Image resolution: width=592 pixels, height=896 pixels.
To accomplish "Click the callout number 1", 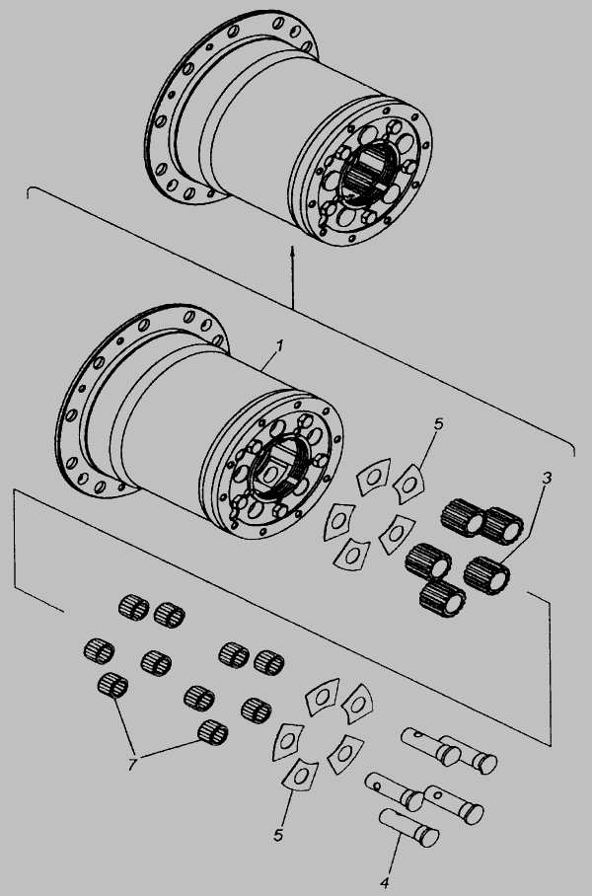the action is pyautogui.click(x=279, y=345).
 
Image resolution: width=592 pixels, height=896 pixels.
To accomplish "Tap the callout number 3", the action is pyautogui.click(x=547, y=479).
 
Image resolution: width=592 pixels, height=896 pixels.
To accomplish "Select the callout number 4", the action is pyautogui.click(x=385, y=883).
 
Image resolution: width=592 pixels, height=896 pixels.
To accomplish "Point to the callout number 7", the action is pyautogui.click(x=132, y=764).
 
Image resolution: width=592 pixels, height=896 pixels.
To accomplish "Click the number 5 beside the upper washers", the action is pyautogui.click(x=438, y=424).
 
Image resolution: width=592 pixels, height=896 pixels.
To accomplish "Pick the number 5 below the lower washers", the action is pyautogui.click(x=278, y=836).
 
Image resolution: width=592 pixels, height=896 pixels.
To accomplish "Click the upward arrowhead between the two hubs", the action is pyautogui.click(x=292, y=251).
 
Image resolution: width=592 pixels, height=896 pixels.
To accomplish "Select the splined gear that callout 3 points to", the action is pyautogui.click(x=486, y=575).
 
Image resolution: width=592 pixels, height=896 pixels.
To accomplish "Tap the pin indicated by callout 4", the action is pyautogui.click(x=409, y=828).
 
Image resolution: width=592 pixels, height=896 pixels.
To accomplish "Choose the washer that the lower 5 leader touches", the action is pyautogui.click(x=301, y=775).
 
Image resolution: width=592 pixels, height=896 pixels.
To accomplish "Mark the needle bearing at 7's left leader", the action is pyautogui.click(x=112, y=685).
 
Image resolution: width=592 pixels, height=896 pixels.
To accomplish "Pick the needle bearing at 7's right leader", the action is pyautogui.click(x=212, y=732).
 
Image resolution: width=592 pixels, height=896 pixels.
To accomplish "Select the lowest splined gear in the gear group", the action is pyautogui.click(x=442, y=599).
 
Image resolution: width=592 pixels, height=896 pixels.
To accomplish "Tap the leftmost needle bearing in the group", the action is pyautogui.click(x=99, y=651).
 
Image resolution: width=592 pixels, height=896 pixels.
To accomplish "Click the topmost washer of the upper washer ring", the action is pyautogui.click(x=374, y=476).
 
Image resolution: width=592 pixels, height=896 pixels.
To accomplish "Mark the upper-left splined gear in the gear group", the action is pyautogui.click(x=463, y=517).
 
